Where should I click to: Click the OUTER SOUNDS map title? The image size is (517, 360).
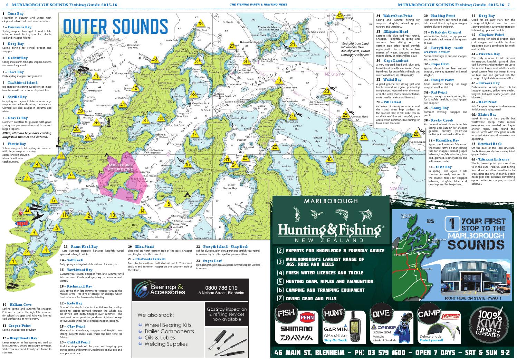pyautogui.click(x=116, y=26)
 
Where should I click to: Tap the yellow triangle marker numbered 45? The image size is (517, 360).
pyautogui.click(x=339, y=15)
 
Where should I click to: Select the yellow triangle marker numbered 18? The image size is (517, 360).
pyautogui.click(x=200, y=24)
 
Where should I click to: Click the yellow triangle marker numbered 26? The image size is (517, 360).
pyautogui.click(x=416, y=134)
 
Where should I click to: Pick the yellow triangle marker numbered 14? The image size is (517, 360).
pyautogui.click(x=142, y=211)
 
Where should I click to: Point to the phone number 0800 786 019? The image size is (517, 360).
pyautogui.click(x=221, y=288)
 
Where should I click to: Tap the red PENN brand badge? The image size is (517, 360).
pyautogui.click(x=306, y=315)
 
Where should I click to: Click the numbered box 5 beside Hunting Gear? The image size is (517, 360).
pyautogui.click(x=280, y=281)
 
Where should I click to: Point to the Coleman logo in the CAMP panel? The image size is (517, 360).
pyautogui.click(x=451, y=316)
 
